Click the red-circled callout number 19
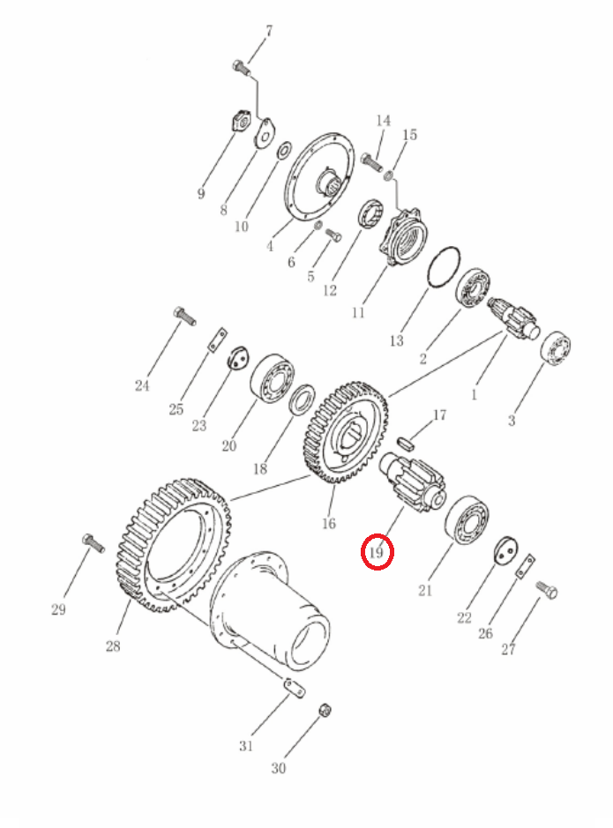pos(376,553)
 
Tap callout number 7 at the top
pos(269,31)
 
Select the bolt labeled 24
pos(184,316)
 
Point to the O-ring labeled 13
pos(443,267)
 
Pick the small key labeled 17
pos(405,440)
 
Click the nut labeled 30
pos(325,710)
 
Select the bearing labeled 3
pos(556,349)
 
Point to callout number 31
pos(246,746)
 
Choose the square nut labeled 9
pos(242,123)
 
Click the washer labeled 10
pos(282,150)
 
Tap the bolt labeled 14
pos(372,161)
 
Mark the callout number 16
pos(329,523)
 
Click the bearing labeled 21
pos(467,519)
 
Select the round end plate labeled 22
pos(505,551)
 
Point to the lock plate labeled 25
pos(216,339)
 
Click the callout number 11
pos(358,313)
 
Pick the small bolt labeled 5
pos(333,235)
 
